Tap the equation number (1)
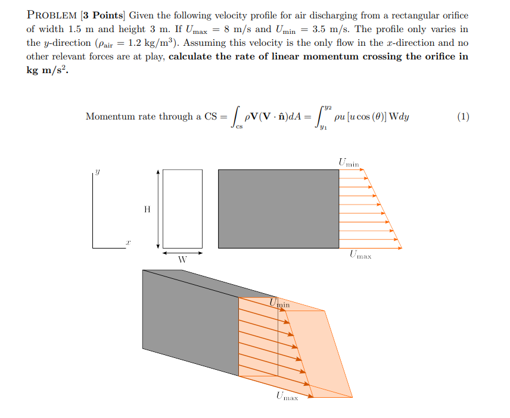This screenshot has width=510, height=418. (463, 117)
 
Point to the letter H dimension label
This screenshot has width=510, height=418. (147, 209)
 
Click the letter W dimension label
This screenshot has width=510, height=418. (182, 260)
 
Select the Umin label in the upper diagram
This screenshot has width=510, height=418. (349, 162)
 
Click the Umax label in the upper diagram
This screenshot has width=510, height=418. (360, 256)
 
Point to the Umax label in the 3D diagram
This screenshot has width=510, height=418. (287, 395)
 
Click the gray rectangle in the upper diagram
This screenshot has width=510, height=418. (278, 209)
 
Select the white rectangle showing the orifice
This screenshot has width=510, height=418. (182, 209)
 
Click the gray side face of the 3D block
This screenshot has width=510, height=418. (191, 321)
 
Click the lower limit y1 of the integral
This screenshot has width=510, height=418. (324, 127)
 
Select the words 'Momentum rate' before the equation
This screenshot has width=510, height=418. (122, 117)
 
